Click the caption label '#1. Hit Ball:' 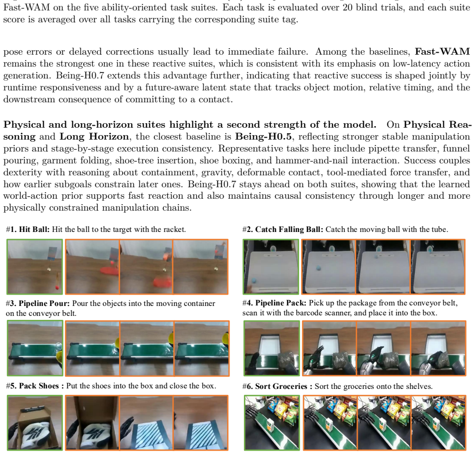coord(27,229)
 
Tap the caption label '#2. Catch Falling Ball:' coord(283,229)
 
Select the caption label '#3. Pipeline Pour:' coord(38,303)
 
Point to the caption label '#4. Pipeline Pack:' coord(274,303)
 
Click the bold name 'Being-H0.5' coord(263,137)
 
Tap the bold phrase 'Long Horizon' coord(94,137)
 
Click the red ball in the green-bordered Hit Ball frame coord(57,287)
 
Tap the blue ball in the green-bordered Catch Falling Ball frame coord(253,281)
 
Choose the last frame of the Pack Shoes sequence coord(201,423)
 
